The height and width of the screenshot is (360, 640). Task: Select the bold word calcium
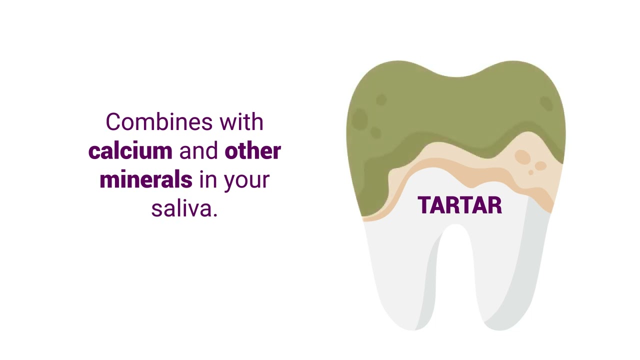click(130, 151)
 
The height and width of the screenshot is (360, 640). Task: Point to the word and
click(198, 151)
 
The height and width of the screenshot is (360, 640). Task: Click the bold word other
click(252, 151)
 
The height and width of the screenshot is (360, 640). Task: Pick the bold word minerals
click(146, 179)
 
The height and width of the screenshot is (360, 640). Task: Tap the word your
click(247, 180)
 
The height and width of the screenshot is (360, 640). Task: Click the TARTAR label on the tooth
click(459, 205)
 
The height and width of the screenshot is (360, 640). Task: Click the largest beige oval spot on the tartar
click(522, 157)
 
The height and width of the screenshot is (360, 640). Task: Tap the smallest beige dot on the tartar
click(531, 172)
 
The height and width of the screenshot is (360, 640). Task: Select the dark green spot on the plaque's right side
click(546, 103)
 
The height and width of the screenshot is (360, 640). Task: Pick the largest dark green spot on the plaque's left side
click(359, 119)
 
